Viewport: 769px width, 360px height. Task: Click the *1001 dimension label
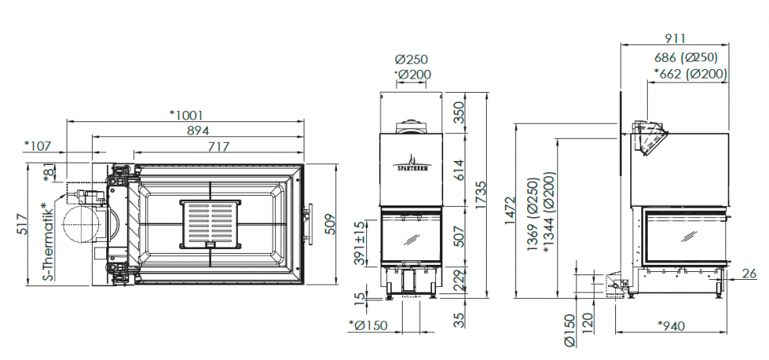186,115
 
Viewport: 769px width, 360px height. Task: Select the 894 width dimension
197,131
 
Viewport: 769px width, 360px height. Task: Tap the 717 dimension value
218,146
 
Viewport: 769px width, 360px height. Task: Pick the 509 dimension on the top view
330,224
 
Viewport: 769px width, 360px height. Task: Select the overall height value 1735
480,195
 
